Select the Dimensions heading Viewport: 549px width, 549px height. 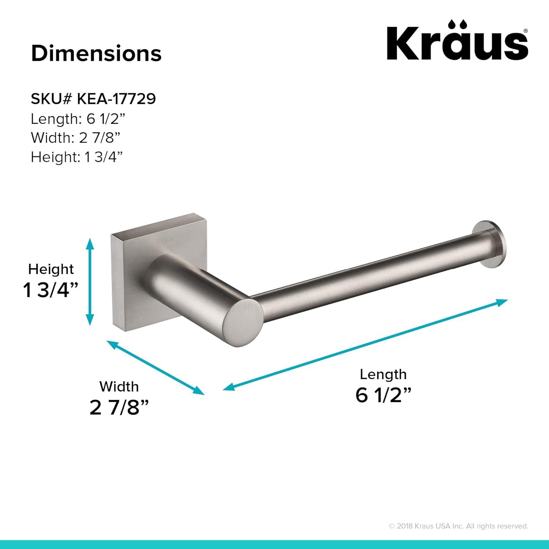click(96, 53)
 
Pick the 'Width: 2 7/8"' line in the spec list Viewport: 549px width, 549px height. click(75, 138)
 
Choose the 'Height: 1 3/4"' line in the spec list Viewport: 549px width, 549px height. click(76, 157)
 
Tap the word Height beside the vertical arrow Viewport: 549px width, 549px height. click(51, 269)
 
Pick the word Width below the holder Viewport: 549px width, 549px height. click(119, 386)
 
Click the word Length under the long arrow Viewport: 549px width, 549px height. click(383, 374)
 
